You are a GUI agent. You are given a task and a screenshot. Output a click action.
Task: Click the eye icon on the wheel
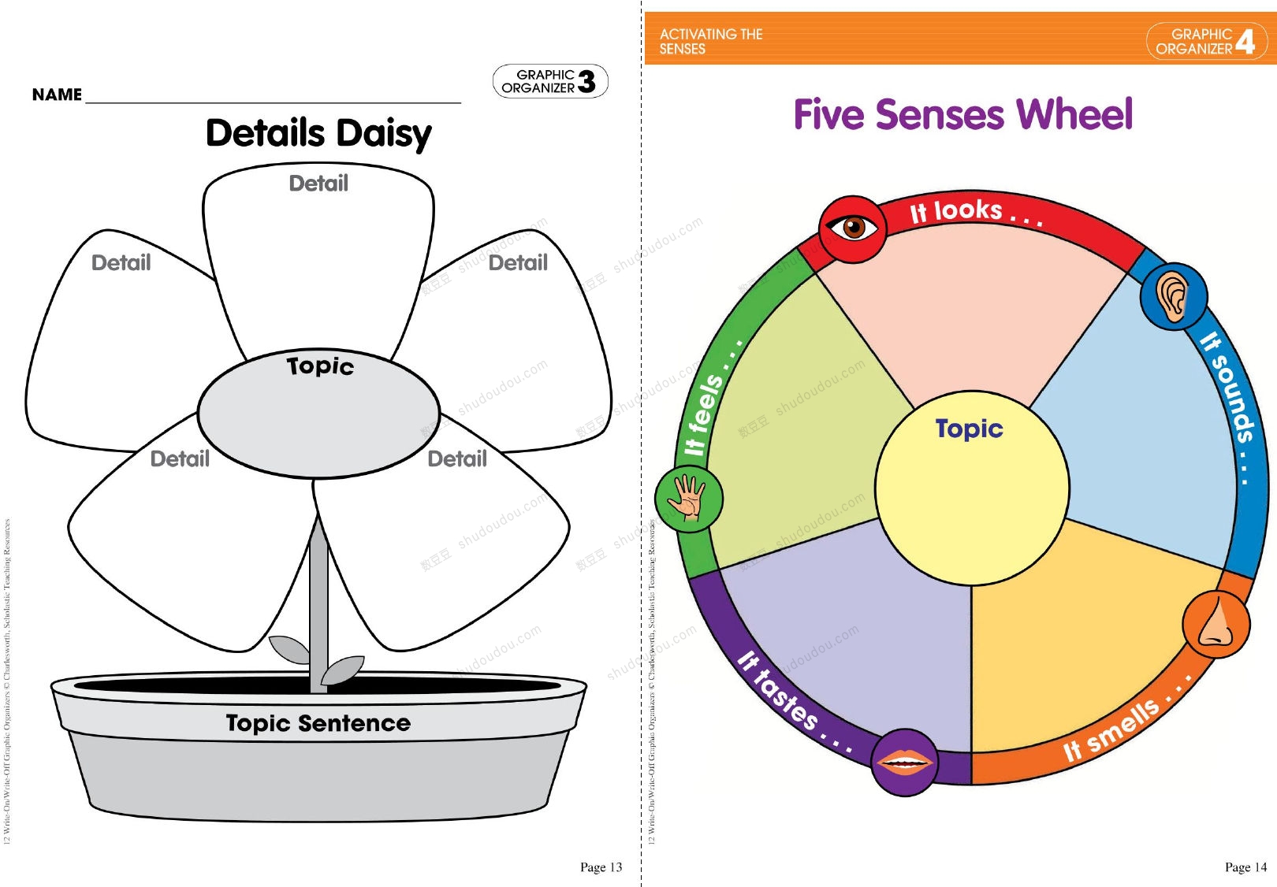852,228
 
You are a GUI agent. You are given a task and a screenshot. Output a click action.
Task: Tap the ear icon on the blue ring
1173,296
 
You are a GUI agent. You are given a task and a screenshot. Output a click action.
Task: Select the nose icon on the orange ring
1216,623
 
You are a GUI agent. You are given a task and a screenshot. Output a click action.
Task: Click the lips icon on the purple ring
905,762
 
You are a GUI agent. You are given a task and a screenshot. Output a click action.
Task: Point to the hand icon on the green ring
688,499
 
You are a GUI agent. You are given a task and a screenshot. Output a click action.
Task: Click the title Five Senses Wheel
962,115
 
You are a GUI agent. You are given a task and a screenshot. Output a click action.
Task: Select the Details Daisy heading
318,134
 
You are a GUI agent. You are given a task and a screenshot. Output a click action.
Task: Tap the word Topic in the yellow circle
969,429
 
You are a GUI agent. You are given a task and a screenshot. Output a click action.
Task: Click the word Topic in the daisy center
320,366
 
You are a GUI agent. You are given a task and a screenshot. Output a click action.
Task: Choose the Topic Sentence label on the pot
318,723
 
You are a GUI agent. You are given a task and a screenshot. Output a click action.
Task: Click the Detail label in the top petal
318,184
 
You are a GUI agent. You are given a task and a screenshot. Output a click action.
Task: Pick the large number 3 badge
586,81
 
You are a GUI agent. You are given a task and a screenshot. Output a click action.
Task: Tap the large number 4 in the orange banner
1245,41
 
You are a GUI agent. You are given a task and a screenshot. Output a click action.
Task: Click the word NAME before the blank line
57,95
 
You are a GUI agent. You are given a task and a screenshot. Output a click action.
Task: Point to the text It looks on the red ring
975,213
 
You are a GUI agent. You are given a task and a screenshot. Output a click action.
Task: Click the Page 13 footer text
601,867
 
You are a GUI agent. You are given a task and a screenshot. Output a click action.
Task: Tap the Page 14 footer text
1245,867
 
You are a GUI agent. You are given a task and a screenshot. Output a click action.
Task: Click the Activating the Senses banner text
710,41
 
